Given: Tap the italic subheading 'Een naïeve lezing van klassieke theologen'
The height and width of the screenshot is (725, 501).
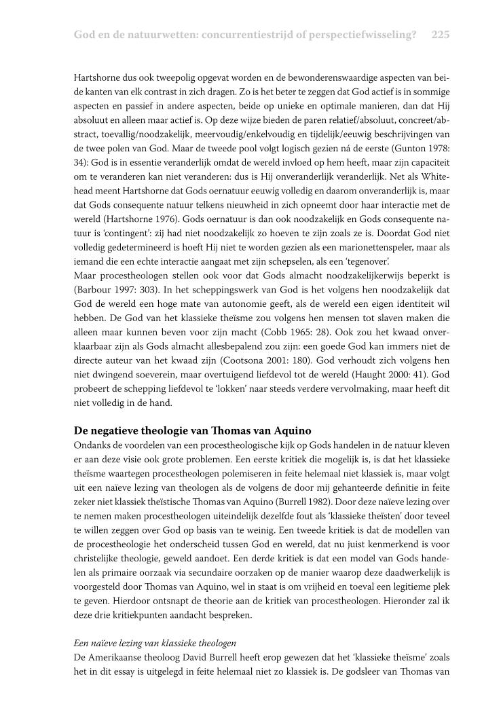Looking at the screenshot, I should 151,642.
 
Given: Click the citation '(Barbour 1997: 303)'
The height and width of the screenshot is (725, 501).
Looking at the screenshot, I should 110,284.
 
